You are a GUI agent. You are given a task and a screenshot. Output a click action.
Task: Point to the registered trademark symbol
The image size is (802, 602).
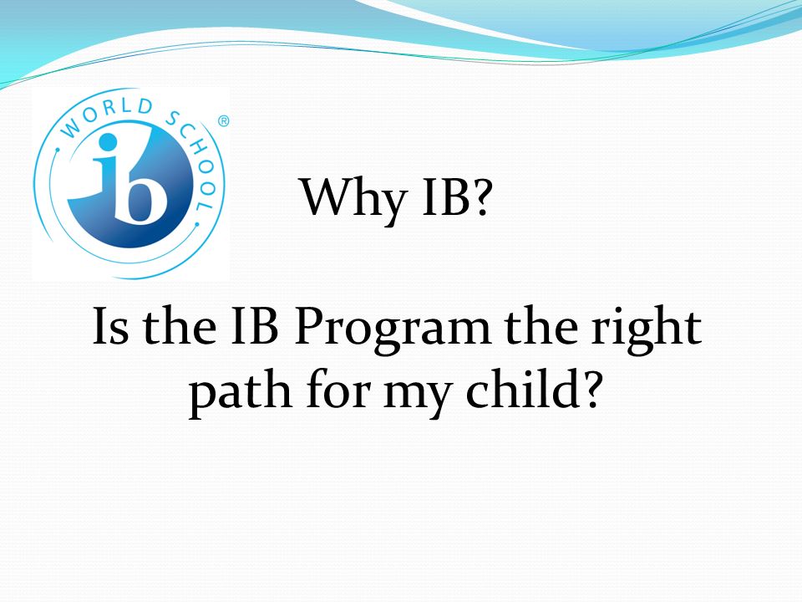click(x=224, y=121)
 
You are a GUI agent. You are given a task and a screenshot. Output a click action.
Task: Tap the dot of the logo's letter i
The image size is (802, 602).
click(x=108, y=143)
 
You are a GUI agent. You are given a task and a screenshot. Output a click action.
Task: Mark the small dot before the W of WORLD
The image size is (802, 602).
click(x=58, y=150)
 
